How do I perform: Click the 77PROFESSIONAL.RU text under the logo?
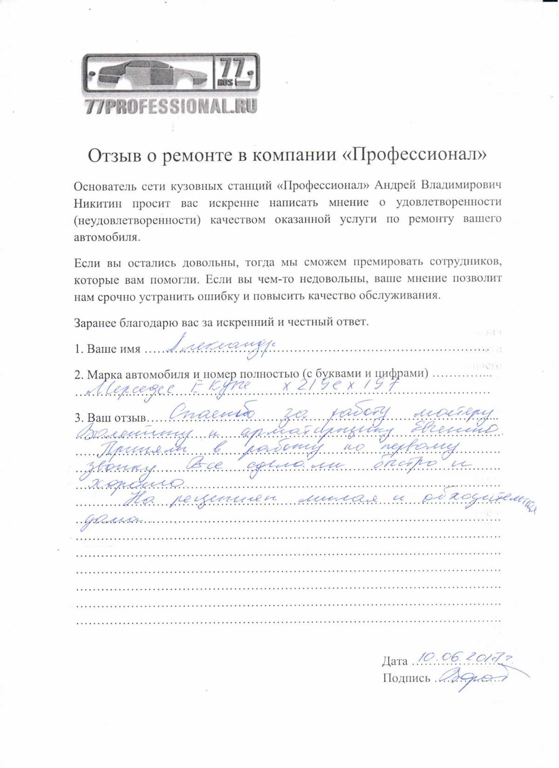point(171,107)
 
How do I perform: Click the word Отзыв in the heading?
point(113,155)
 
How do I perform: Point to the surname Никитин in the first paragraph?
point(97,203)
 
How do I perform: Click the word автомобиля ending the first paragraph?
point(106,237)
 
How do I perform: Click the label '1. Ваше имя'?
point(107,349)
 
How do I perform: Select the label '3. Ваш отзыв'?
point(110,418)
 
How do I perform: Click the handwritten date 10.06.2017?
point(461,658)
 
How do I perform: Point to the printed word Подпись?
point(406,678)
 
